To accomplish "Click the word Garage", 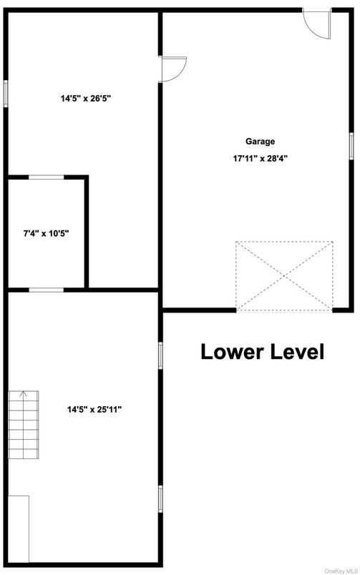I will point(261,142).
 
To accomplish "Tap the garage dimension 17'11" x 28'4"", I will point(261,159).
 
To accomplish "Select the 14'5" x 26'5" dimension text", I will point(85,99).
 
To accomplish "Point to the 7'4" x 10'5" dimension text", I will point(47,232).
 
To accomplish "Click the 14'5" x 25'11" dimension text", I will point(94,410).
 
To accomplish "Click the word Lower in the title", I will point(230,352).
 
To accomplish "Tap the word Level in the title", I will point(295,352).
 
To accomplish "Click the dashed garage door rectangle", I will point(286,275).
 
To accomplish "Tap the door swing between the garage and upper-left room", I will point(172,69).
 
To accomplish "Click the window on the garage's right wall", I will point(351,143).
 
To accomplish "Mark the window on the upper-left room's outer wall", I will point(6,94).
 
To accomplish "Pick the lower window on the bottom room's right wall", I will point(160,498).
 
